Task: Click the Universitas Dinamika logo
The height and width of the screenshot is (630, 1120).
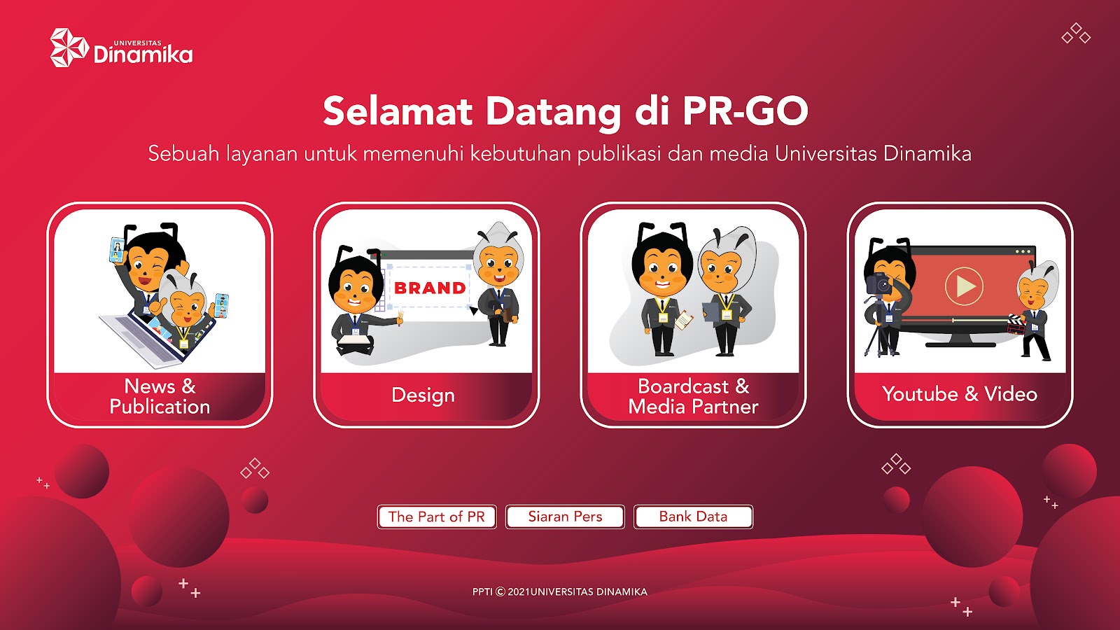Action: click(x=122, y=48)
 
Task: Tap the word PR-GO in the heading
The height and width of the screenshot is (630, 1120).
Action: click(x=745, y=111)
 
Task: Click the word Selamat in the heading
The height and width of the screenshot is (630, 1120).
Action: click(x=398, y=111)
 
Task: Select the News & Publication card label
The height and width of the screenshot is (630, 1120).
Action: click(x=160, y=396)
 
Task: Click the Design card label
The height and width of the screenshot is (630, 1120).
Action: click(x=423, y=395)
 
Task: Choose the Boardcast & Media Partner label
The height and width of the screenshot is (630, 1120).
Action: click(x=693, y=396)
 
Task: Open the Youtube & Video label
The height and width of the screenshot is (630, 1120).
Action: click(x=960, y=395)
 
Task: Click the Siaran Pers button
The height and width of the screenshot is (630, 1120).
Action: click(x=565, y=517)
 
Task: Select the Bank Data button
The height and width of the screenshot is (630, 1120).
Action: click(x=693, y=517)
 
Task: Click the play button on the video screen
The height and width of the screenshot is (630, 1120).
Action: click(x=964, y=286)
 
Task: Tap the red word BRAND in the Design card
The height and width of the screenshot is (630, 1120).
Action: click(x=430, y=288)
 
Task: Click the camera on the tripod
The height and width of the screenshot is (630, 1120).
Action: click(x=879, y=284)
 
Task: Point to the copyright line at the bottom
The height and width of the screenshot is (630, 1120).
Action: click(x=560, y=592)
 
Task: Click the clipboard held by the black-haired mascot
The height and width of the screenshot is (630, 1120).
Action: click(x=683, y=319)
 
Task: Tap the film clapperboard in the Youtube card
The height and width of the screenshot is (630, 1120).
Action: click(x=1016, y=325)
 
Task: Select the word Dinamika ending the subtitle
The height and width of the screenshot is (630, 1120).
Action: click(x=927, y=153)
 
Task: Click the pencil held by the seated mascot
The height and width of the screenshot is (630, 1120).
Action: click(x=400, y=318)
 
